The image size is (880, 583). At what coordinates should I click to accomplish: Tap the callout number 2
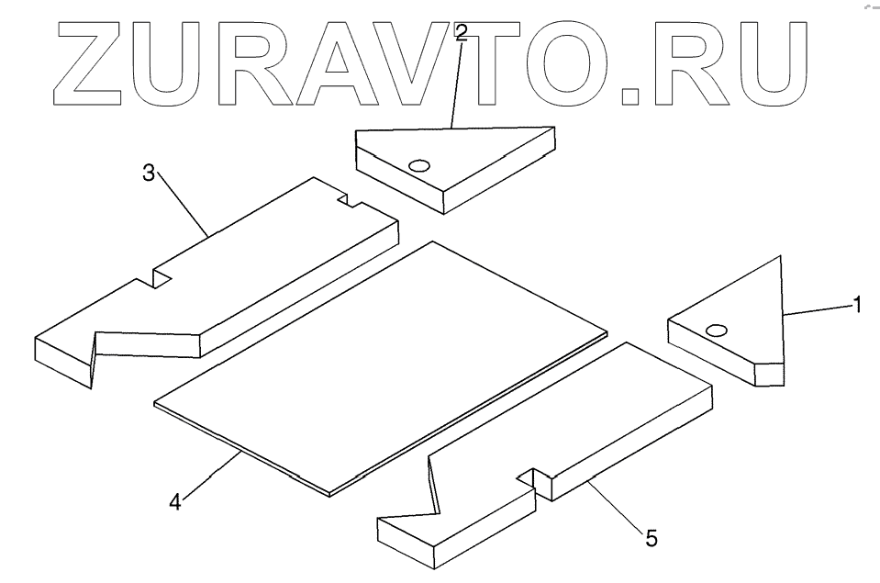[461, 33]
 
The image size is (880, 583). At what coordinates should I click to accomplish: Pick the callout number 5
[651, 537]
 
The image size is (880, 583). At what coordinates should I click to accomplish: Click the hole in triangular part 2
[419, 166]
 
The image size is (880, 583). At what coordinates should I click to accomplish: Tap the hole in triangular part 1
[718, 330]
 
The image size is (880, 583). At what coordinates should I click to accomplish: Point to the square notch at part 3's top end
[347, 198]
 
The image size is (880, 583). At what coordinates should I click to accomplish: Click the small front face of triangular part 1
[770, 375]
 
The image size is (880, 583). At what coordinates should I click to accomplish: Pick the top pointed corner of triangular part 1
[779, 258]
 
